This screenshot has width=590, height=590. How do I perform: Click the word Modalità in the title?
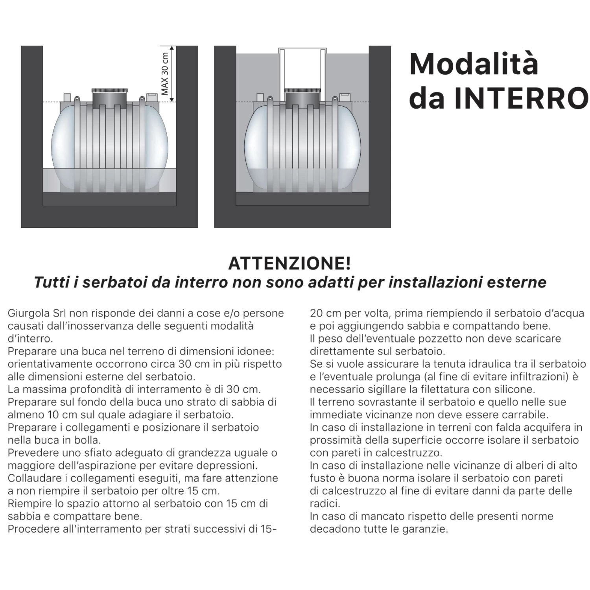(x=474, y=64)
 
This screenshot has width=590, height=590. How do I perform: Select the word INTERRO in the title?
(x=522, y=98)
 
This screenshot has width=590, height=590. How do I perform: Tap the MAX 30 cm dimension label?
(x=165, y=74)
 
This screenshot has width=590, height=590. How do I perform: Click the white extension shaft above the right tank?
(x=302, y=69)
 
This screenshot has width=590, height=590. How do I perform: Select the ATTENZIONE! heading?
(x=289, y=264)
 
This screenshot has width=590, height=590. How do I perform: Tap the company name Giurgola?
(x=28, y=313)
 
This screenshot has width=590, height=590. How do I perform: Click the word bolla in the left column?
(x=89, y=440)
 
